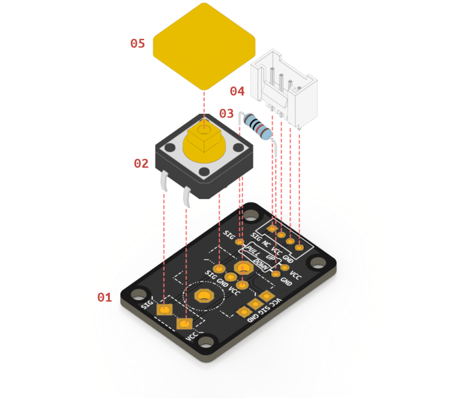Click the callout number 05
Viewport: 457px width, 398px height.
(137, 43)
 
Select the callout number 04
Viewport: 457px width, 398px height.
(237, 91)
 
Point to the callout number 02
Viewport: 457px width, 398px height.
(141, 164)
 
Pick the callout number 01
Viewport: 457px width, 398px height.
(104, 297)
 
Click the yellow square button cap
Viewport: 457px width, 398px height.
(204, 45)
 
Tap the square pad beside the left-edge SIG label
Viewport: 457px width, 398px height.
(165, 309)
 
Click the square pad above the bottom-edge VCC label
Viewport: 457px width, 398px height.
(184, 324)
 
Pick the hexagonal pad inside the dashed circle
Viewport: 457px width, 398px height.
(203, 296)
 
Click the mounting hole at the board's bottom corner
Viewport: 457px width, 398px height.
(208, 343)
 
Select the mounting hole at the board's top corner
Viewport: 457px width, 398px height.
(251, 216)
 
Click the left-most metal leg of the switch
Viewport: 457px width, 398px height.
(164, 184)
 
